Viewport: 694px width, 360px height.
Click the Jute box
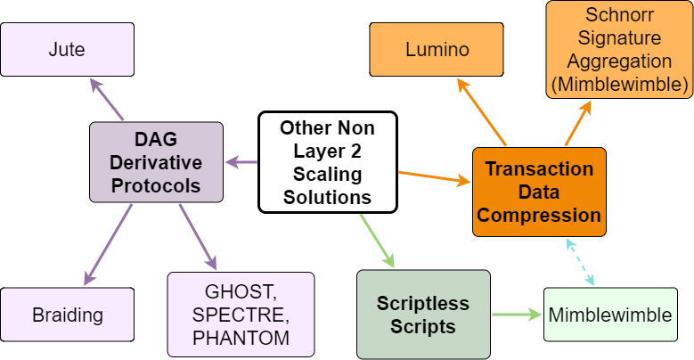pyautogui.click(x=67, y=49)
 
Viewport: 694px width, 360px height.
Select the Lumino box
pyautogui.click(x=437, y=49)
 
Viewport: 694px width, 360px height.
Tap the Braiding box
pyautogui.click(x=67, y=315)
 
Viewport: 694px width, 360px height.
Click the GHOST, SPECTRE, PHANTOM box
pyautogui.click(x=241, y=314)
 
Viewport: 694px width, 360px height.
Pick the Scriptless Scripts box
pyautogui.click(x=423, y=315)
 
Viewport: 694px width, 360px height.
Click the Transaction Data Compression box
pyautogui.click(x=539, y=192)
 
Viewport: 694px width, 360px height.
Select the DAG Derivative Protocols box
pyautogui.click(x=156, y=162)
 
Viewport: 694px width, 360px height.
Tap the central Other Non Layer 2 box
pyautogui.click(x=326, y=162)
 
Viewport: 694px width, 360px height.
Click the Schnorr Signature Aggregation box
pyautogui.click(x=619, y=49)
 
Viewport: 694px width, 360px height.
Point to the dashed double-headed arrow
pyautogui.click(x=580, y=261)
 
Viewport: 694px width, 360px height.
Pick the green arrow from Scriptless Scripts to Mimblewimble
pyautogui.click(x=517, y=314)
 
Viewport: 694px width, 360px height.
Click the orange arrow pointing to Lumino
pyautogui.click(x=481, y=110)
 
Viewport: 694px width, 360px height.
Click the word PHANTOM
pyautogui.click(x=241, y=338)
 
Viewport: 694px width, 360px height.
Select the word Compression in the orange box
pyautogui.click(x=539, y=215)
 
